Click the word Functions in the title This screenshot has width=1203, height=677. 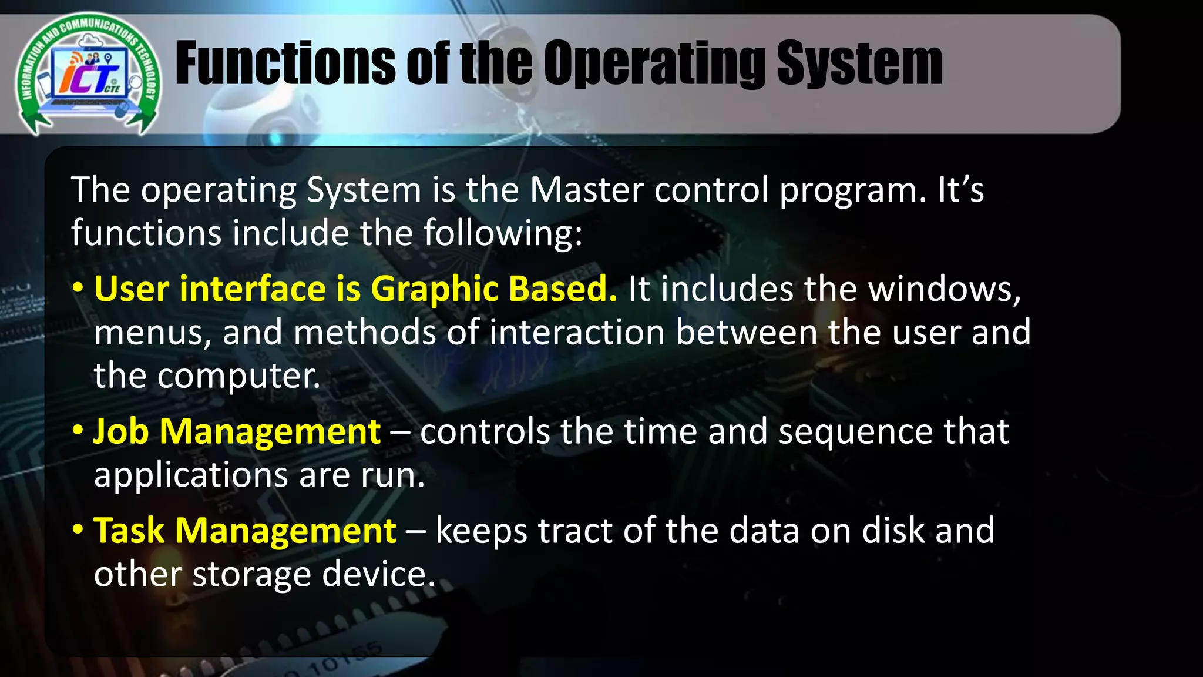pos(285,63)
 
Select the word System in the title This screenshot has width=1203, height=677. pos(859,63)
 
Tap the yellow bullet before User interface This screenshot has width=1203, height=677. pos(78,289)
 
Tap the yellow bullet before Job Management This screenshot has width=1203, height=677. pos(78,431)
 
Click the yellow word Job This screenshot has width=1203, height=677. pos(121,432)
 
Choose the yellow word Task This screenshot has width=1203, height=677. pos(129,531)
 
